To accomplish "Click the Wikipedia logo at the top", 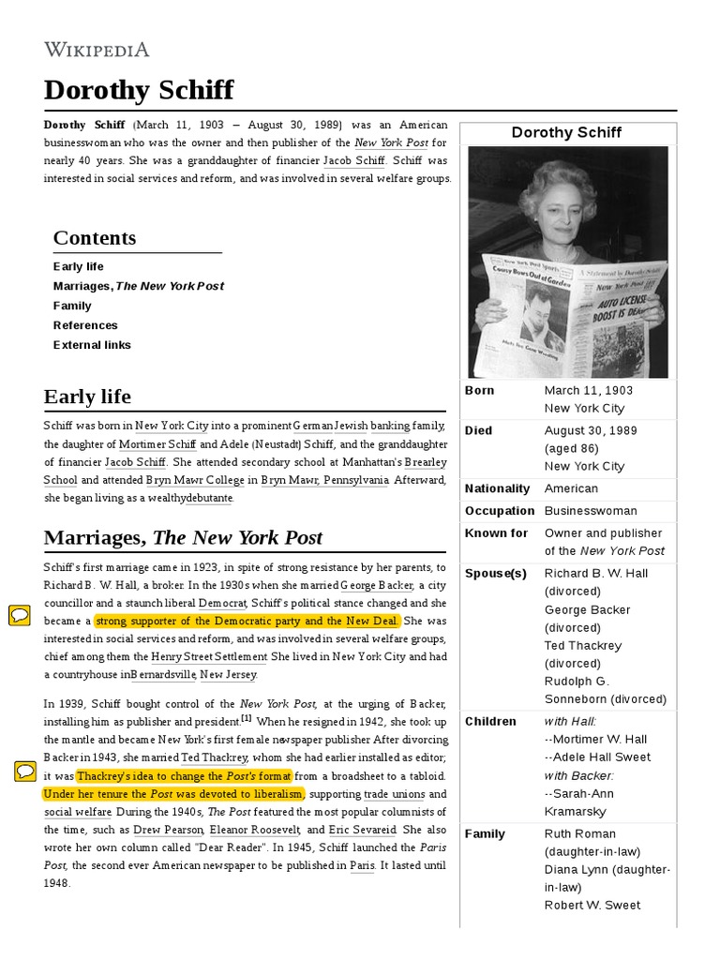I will coord(97,50).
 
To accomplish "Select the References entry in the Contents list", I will coord(85,325).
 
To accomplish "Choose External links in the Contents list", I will coord(92,345).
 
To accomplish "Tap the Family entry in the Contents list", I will coord(72,306).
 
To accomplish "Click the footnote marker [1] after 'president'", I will coord(246,719).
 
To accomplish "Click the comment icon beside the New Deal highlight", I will coord(20,615).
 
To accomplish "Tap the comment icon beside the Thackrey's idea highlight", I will coord(25,772).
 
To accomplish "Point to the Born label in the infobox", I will coord(479,390).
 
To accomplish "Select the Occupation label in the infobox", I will coord(500,511).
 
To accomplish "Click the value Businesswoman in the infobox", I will coord(590,511).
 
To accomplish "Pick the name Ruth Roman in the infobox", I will coord(580,833).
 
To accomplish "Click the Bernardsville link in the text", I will coord(163,674).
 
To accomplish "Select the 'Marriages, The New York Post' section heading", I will coord(183,538).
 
